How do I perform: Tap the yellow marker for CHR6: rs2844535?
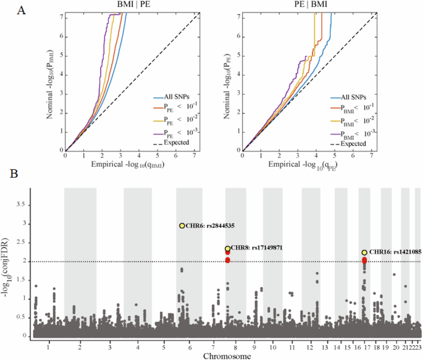tap(182, 226)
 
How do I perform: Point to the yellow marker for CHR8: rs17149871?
tap(228, 249)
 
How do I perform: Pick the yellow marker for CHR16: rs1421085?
tap(364, 253)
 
